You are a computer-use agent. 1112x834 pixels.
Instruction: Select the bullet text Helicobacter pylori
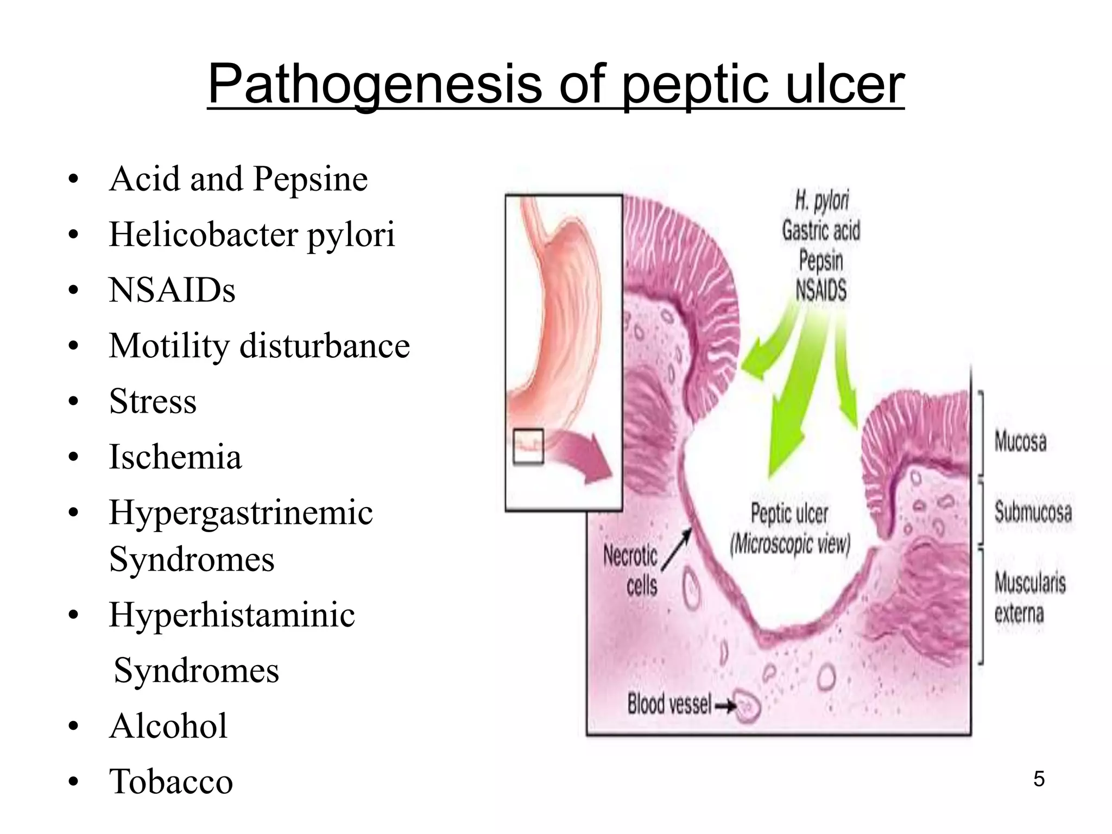tap(252, 235)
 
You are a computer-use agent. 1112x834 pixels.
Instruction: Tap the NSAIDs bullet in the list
tap(172, 290)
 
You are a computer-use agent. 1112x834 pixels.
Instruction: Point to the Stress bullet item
tap(153, 401)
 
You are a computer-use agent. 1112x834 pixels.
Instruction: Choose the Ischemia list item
tap(175, 457)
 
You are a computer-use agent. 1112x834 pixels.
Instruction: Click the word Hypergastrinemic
tap(241, 513)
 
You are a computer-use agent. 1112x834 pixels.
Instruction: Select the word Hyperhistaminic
tap(232, 615)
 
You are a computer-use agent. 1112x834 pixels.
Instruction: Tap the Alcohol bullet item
tap(168, 726)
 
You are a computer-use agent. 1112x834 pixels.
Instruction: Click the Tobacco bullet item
tap(171, 781)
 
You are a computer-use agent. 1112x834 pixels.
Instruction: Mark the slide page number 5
tap(1039, 779)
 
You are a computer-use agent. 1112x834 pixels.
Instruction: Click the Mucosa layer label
tap(1020, 441)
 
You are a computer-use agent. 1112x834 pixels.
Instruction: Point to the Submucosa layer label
tap(1033, 511)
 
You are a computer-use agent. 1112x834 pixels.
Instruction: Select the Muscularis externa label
tap(1029, 598)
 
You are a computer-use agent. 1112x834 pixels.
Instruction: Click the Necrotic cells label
tap(631, 570)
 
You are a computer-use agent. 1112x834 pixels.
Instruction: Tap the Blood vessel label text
tap(669, 704)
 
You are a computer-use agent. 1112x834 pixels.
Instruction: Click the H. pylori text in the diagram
tap(822, 201)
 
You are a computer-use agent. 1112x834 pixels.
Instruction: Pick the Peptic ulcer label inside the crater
tap(789, 513)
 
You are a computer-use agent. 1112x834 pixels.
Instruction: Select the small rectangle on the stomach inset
tap(528, 446)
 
